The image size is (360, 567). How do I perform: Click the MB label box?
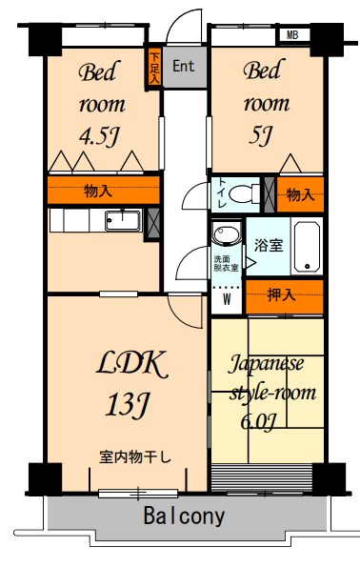[292, 36]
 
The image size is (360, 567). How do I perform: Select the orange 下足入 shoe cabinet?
[154, 67]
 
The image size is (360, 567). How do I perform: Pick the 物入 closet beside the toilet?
[299, 194]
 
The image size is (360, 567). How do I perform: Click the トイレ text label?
[221, 193]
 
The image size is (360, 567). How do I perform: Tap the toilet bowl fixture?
[247, 194]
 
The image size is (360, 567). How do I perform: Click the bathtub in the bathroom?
[308, 246]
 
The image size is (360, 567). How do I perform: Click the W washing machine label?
[227, 297]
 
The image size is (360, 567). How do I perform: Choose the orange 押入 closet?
[284, 296]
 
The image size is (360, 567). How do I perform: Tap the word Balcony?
[185, 517]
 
